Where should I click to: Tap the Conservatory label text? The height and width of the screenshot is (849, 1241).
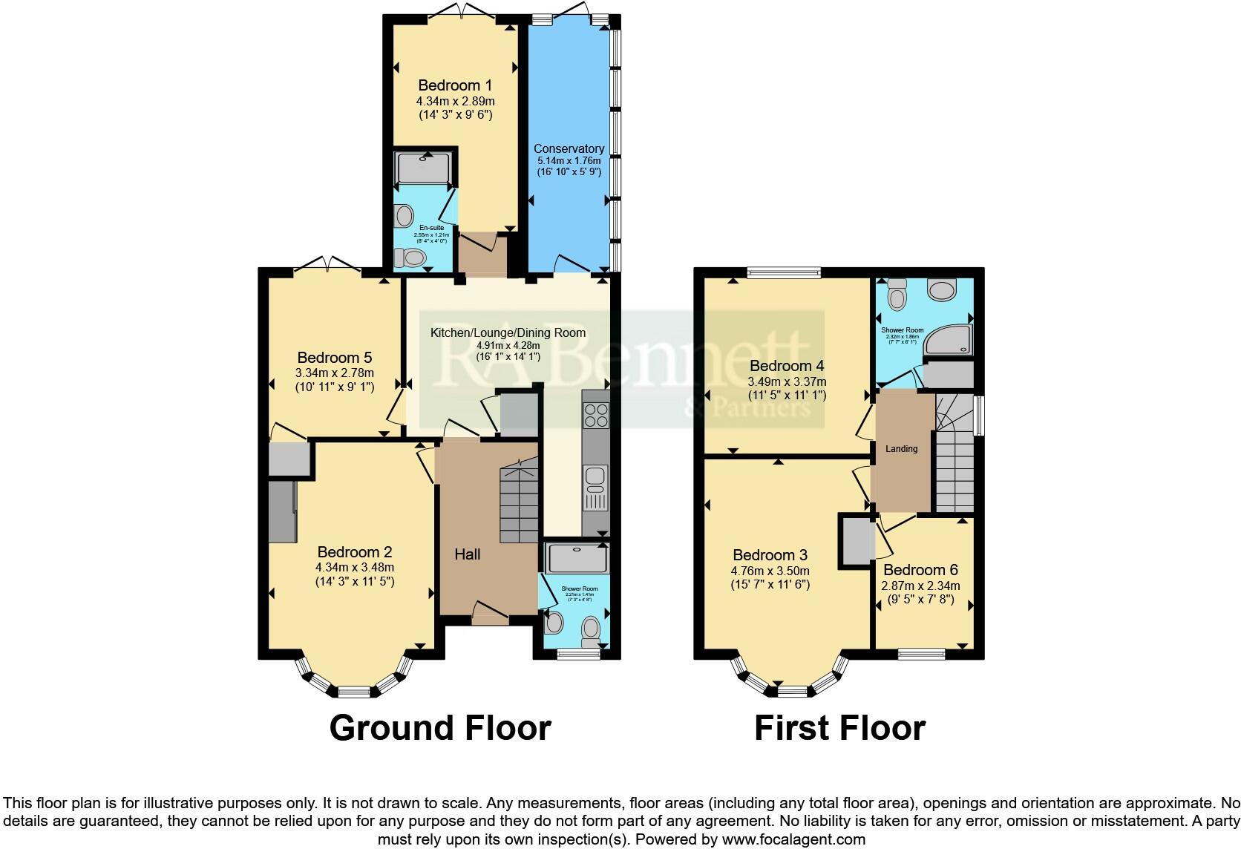(x=569, y=148)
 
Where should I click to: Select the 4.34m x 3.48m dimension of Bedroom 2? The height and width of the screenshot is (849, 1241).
(x=354, y=568)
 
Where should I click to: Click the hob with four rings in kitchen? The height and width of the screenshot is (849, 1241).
(x=595, y=415)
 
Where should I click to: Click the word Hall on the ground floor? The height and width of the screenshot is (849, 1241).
(x=468, y=554)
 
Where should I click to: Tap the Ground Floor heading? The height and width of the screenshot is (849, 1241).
(x=440, y=728)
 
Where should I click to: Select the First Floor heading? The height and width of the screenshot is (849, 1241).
(x=839, y=728)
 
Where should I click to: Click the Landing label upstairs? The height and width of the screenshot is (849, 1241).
(x=902, y=448)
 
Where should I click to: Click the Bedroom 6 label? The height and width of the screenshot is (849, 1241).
(x=920, y=570)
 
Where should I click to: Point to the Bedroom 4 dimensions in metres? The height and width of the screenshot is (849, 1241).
(x=786, y=381)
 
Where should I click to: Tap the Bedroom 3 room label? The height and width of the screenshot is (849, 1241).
(x=770, y=555)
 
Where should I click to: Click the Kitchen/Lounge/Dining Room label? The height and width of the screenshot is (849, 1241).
(x=508, y=332)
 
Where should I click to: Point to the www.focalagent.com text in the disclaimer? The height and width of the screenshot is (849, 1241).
(x=793, y=839)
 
